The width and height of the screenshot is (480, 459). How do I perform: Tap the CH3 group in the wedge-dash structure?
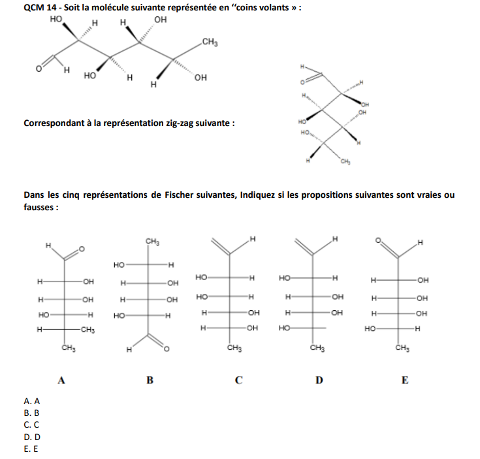210,43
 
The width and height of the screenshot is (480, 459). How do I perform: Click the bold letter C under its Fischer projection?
238,380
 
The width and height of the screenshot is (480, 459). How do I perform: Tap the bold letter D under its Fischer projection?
319,380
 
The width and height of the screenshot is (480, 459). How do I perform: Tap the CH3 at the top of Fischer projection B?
153,242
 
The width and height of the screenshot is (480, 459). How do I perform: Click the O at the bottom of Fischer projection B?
166,351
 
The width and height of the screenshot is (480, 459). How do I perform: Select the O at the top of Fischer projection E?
377,240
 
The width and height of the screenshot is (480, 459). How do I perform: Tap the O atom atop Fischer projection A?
82,249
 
